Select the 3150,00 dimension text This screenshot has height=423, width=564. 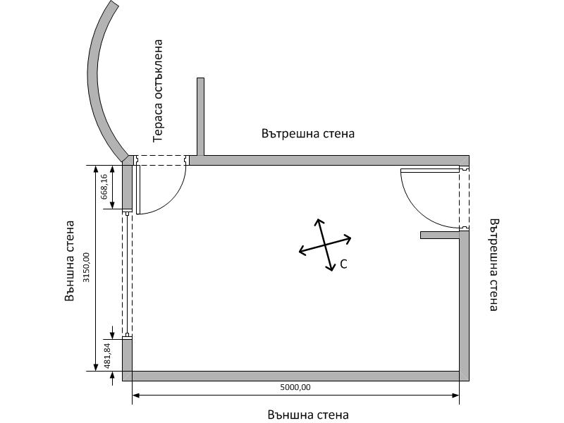tap(87, 268)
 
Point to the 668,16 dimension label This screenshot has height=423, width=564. tap(104, 188)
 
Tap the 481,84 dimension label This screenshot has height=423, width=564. tap(106, 355)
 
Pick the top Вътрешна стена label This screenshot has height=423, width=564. tap(307, 133)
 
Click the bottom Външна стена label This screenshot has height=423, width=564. tap(308, 415)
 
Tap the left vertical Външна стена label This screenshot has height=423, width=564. tap(69, 261)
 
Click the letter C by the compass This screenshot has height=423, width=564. tap(343, 264)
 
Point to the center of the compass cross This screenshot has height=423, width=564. tap(325, 245)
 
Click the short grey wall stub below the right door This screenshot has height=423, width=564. tap(441, 235)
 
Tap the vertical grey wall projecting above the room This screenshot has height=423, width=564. tap(200, 116)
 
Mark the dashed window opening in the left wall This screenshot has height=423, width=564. tap(127, 275)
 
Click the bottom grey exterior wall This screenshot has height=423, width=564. tap(296, 376)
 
